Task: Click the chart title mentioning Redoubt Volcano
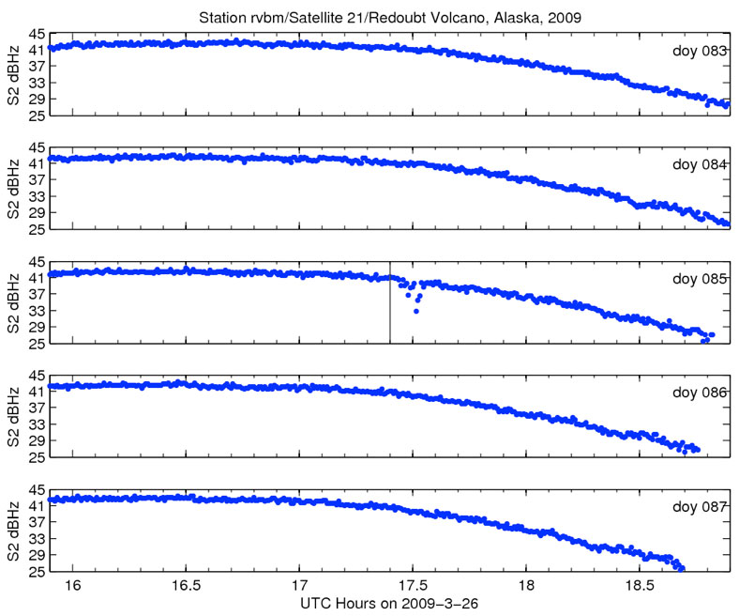point(394,17)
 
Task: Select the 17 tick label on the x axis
point(299,583)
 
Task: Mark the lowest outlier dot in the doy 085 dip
point(416,311)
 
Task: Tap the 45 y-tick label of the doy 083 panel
point(38,34)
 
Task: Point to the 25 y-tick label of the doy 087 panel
point(38,571)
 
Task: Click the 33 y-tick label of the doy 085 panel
point(38,311)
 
